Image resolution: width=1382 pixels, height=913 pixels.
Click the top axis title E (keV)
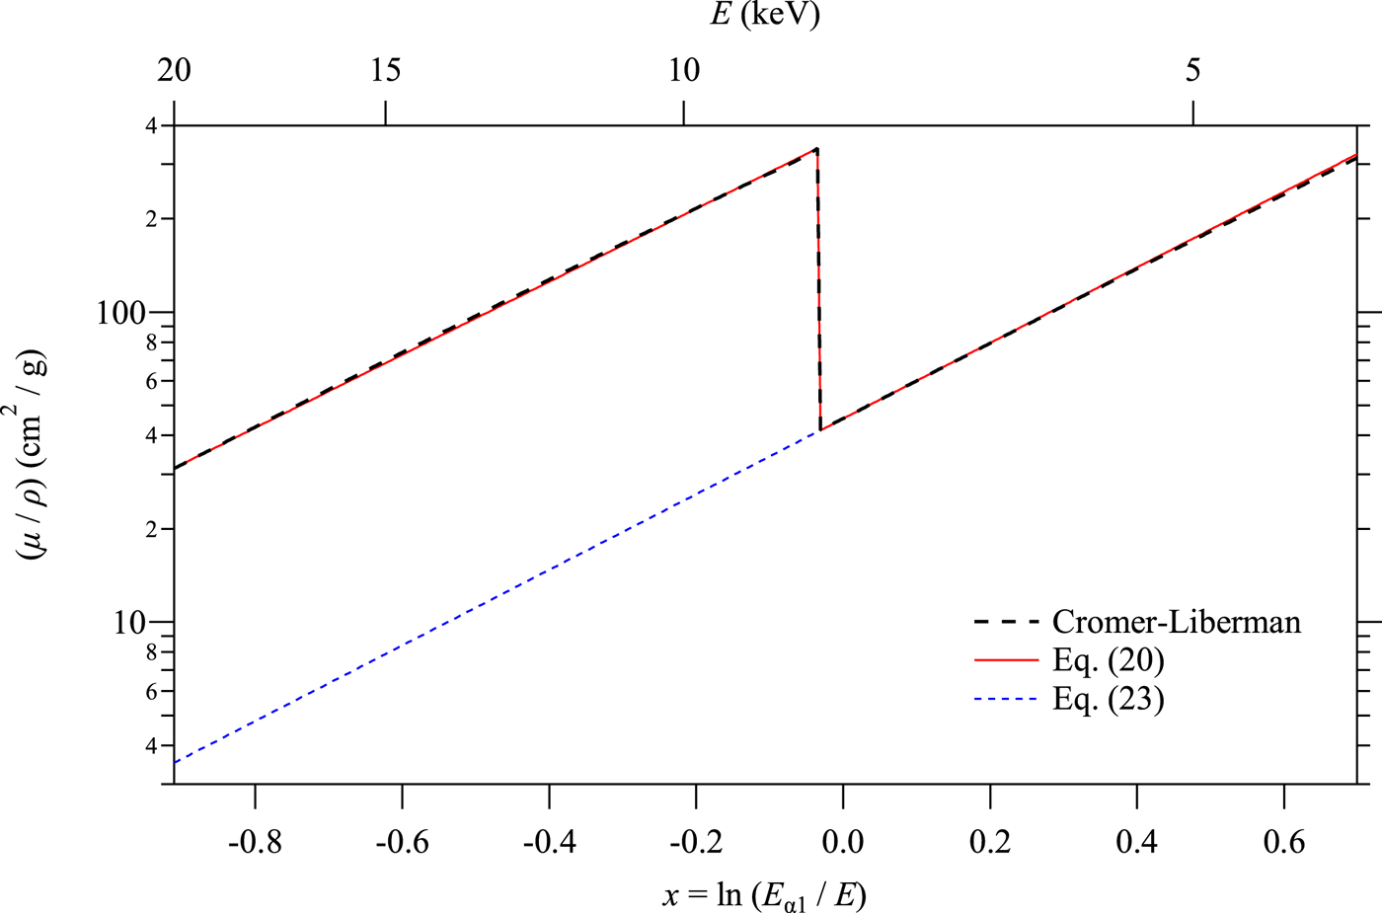765,15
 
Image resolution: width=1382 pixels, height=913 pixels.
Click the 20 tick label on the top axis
174,70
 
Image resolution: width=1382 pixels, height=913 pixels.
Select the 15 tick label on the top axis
385,70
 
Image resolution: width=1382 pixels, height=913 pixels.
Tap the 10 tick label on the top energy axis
683,70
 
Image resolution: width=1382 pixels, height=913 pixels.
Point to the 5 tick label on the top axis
1193,70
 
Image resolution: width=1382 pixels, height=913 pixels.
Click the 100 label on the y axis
120,313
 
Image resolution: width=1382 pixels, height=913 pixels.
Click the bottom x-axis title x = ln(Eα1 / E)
765,894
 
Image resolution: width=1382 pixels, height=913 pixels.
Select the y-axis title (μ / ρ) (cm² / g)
32,455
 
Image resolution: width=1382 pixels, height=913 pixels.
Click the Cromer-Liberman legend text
1176,622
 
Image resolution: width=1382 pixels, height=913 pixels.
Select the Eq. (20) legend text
1108,660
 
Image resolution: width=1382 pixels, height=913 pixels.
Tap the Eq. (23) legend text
1108,699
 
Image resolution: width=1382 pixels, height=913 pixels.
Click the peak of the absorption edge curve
816,149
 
